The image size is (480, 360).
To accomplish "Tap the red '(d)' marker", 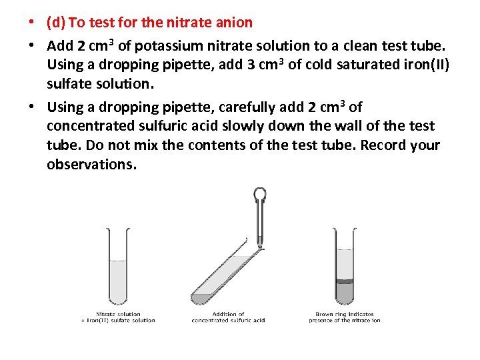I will [x=55, y=23].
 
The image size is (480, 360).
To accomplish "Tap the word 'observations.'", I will [x=91, y=165].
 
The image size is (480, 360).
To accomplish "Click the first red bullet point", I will [x=31, y=23].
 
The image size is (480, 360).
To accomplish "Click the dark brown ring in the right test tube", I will [x=345, y=281].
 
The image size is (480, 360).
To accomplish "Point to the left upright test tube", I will [x=118, y=267].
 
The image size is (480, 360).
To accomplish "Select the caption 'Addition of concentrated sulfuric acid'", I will [x=228, y=317].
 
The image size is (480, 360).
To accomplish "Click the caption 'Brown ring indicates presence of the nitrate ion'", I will [x=344, y=317].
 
